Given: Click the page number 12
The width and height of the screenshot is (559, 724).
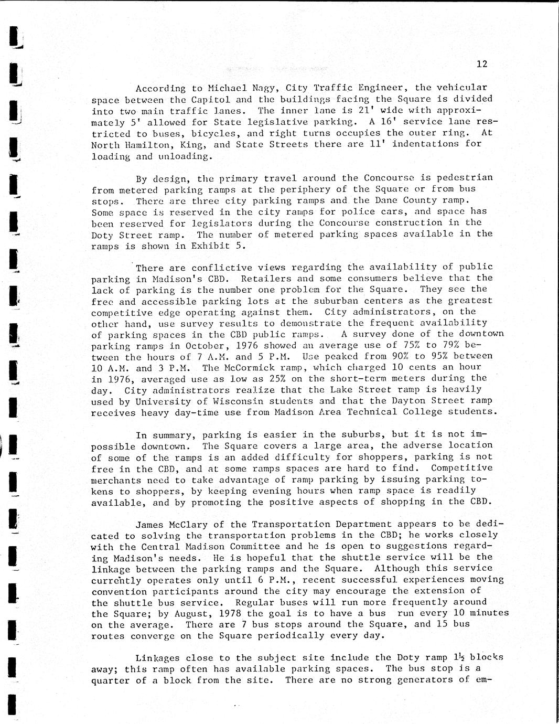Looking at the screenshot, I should pos(482,64).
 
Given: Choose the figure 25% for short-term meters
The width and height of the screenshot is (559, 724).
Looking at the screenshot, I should pos(272,378).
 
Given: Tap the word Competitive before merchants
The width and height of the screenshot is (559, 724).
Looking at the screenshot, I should pos(461,468).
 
